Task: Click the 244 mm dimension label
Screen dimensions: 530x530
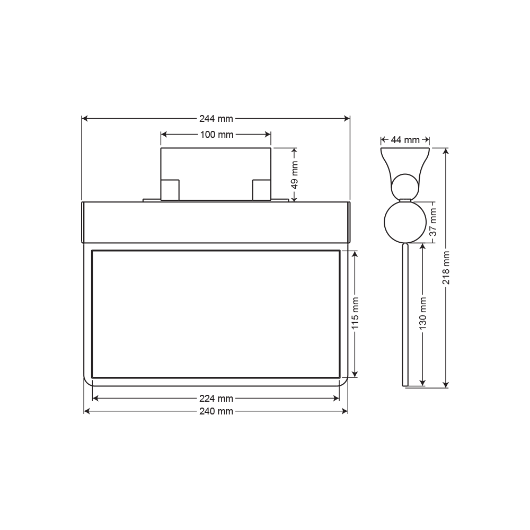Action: (216, 119)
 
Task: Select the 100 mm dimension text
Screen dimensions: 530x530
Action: (216, 135)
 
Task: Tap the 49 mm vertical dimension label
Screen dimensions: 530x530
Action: (295, 174)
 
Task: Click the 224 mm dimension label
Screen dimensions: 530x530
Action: (216, 399)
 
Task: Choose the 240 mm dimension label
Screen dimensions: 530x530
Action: (216, 411)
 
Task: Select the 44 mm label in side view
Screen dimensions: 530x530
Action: (405, 140)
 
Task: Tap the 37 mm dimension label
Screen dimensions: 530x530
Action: (433, 223)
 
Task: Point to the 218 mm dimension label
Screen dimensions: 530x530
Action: (446, 268)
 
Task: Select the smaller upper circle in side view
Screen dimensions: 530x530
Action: (404, 187)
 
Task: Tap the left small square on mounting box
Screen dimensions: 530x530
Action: (170, 190)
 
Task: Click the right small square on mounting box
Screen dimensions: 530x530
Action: (261, 190)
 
